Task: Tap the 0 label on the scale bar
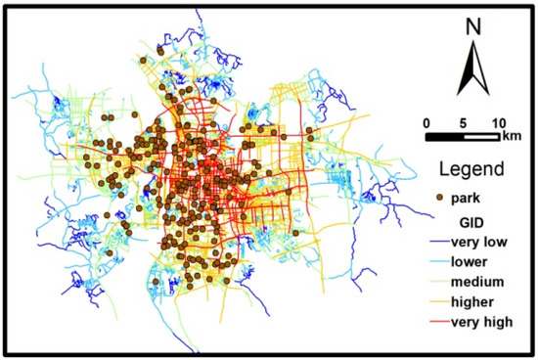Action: [426, 123]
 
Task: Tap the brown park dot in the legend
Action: [439, 198]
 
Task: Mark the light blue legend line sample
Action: [436, 263]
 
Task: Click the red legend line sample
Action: [436, 322]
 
